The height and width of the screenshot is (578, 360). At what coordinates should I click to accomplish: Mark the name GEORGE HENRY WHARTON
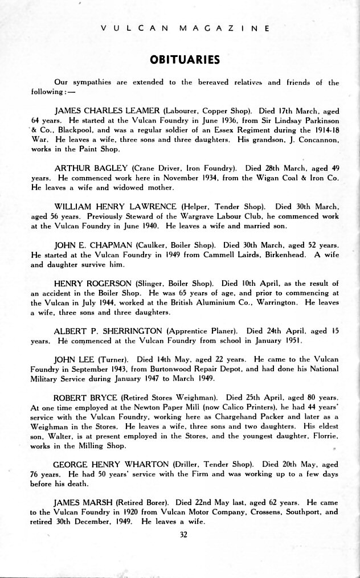tap(111, 464)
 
